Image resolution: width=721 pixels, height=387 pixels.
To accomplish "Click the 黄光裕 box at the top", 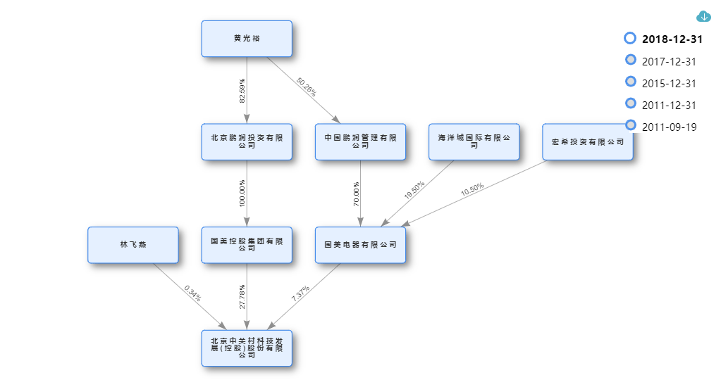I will pos(247,39).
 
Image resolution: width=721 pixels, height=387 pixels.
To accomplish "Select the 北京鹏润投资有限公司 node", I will pos(247,141).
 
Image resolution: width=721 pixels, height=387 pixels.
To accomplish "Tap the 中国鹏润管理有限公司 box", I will pos(360,141).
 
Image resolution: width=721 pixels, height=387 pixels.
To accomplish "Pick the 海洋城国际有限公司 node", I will pos(474,141).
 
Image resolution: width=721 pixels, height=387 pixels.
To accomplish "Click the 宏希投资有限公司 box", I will pos(588,141).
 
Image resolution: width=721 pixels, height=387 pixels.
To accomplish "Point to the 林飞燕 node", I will pos(133,245).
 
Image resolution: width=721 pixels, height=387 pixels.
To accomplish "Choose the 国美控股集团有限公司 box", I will pos(247,245).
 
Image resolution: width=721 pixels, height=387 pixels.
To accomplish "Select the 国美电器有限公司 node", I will pos(360,245).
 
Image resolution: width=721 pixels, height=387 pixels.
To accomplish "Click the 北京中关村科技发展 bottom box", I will pos(247,348).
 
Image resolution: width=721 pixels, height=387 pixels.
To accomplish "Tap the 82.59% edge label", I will pos(243,91).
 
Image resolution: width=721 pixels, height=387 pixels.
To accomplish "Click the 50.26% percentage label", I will pos(307,87).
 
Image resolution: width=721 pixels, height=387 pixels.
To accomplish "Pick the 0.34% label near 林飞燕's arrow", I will pos(192,293).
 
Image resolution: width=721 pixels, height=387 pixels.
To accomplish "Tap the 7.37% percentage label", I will pos(301,293).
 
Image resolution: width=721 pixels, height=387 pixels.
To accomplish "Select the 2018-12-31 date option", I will pos(672,39).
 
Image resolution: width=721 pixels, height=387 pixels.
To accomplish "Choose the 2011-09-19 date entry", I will pos(669,127).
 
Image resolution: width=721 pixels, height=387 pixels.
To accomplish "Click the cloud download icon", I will pos(703,16).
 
